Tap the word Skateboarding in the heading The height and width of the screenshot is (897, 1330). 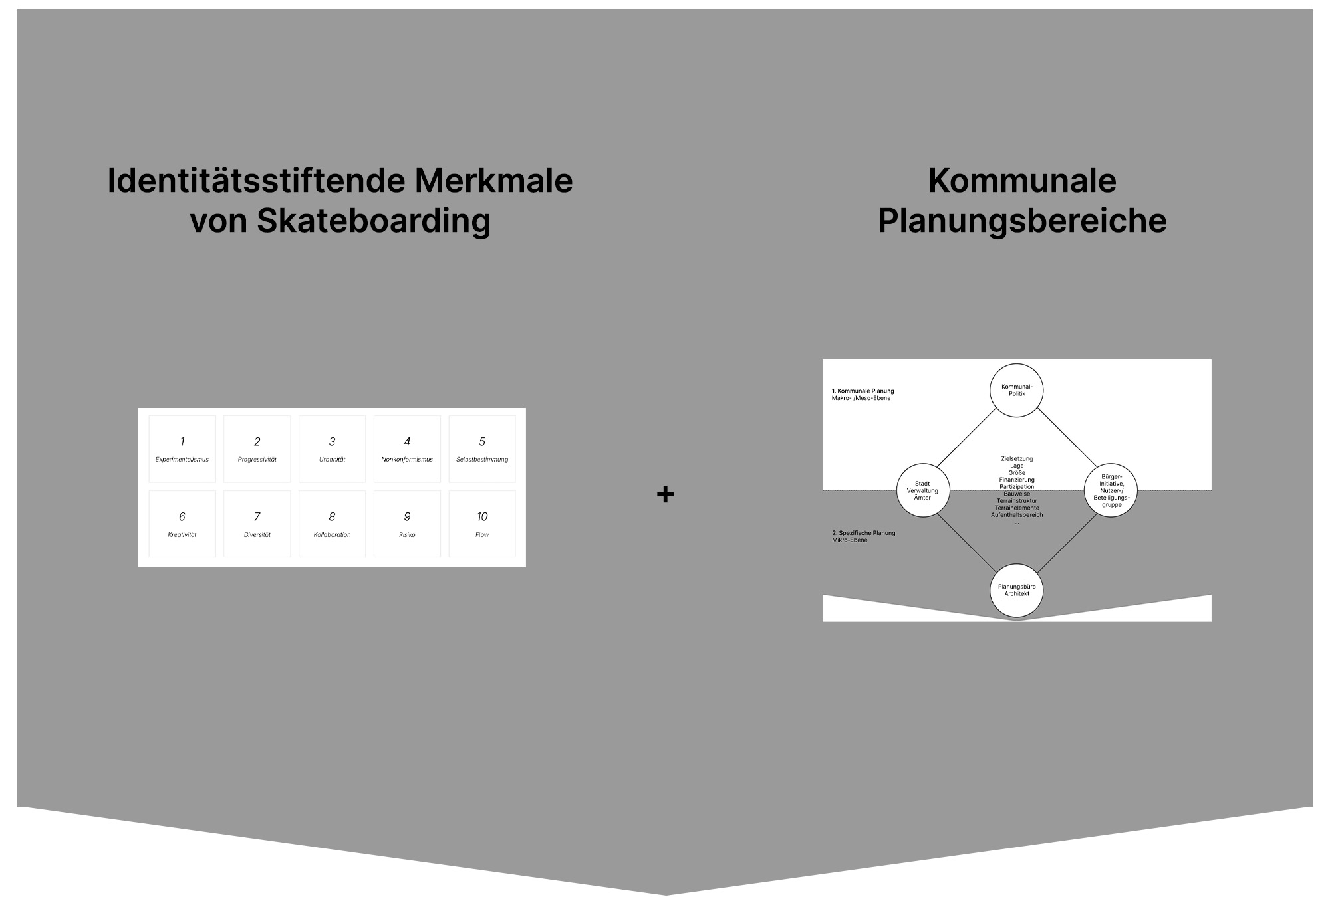374,221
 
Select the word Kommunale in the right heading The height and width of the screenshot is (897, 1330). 1022,181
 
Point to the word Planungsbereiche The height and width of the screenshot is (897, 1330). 1022,221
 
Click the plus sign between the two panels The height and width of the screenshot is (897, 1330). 665,494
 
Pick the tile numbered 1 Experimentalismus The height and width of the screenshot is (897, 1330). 182,449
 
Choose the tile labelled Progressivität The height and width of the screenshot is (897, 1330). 257,449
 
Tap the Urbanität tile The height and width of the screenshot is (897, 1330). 332,449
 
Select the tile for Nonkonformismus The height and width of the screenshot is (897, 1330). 407,449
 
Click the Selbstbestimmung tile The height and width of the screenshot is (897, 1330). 482,449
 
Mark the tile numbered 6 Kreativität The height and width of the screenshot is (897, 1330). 182,524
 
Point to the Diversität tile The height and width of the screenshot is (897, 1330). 257,524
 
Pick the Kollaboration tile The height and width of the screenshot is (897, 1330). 332,524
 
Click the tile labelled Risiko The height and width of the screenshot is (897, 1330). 407,524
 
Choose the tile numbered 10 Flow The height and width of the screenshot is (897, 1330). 482,524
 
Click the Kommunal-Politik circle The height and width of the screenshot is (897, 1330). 1017,390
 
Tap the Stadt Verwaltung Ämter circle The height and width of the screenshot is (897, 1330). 922,490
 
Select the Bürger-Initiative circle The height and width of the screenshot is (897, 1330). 1111,490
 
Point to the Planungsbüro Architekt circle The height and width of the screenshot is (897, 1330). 1017,590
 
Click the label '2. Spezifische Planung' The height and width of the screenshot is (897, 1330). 863,533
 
